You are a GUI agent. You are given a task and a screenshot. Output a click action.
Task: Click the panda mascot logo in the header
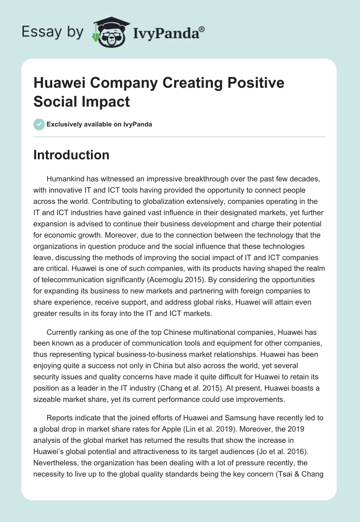point(111,32)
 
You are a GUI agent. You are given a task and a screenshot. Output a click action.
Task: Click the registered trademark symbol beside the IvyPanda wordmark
point(202,29)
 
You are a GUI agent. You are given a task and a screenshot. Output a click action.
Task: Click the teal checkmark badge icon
point(39,124)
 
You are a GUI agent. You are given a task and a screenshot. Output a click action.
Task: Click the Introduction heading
point(72,155)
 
